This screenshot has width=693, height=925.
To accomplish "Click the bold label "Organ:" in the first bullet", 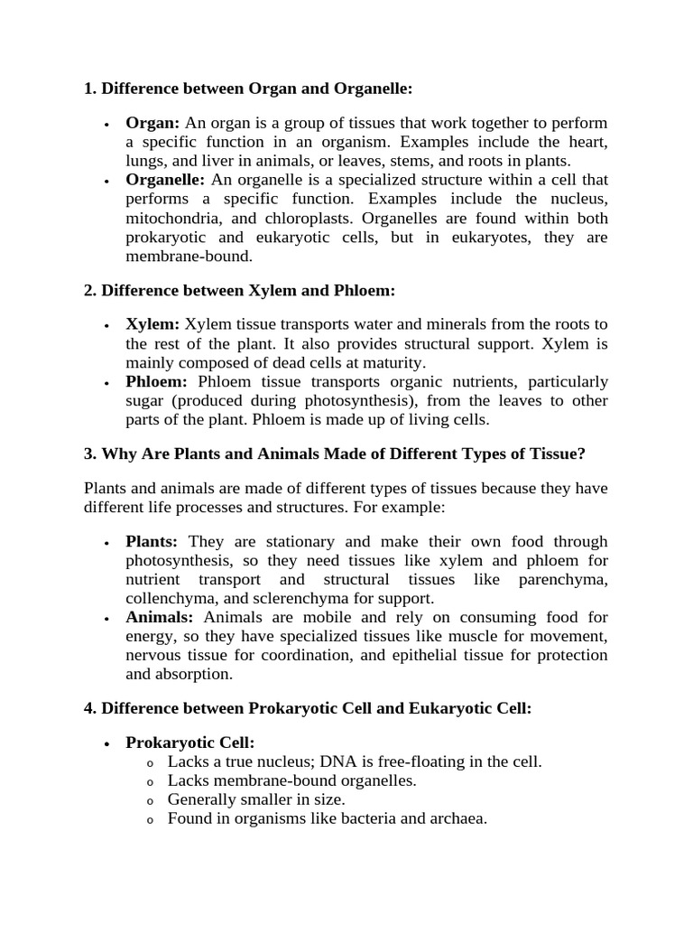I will (x=152, y=122).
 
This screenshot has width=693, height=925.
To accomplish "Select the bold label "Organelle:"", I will (x=165, y=180).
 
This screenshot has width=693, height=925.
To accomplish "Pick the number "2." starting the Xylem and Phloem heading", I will (x=90, y=290).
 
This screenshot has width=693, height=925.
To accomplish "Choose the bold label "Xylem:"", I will (x=152, y=323).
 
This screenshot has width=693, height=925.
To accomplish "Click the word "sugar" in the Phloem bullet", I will (x=145, y=400).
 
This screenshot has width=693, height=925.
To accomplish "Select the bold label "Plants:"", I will (x=152, y=541).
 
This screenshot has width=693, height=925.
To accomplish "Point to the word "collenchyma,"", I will (x=171, y=598).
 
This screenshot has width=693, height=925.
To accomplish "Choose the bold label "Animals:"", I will (x=160, y=617).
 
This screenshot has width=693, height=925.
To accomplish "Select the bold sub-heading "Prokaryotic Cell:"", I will (x=190, y=743).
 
